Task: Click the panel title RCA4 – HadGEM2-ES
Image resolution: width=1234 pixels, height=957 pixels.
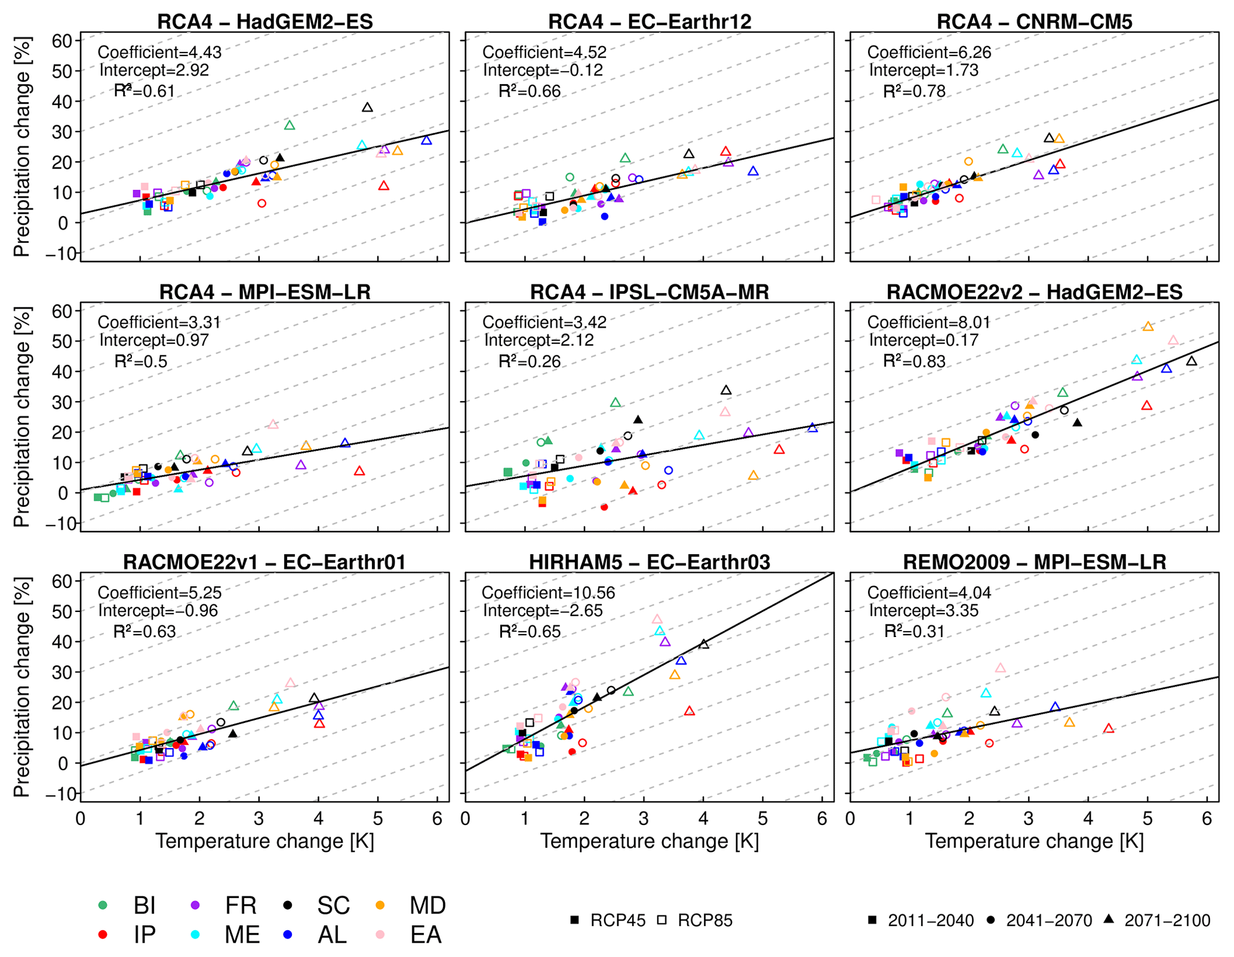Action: (265, 21)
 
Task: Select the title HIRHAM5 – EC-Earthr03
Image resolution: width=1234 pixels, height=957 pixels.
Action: (650, 562)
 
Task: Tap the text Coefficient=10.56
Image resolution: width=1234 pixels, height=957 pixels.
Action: (548, 593)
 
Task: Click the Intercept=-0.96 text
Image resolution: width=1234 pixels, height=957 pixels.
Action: (158, 611)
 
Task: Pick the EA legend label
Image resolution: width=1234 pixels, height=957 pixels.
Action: (425, 935)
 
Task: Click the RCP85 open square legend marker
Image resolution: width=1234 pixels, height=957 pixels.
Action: (661, 920)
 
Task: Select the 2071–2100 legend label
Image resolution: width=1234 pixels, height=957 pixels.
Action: (1167, 921)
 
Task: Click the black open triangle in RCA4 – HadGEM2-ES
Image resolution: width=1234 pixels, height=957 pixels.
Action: (367, 107)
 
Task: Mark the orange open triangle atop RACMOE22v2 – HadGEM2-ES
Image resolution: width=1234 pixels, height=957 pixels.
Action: (1148, 327)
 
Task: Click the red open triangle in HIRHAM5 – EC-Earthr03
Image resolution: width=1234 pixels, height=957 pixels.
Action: (690, 711)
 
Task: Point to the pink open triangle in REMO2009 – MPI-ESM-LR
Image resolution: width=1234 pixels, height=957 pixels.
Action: (1001, 668)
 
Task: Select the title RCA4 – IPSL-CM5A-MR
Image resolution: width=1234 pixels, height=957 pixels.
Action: (650, 292)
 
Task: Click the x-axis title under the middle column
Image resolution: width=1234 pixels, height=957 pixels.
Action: (650, 841)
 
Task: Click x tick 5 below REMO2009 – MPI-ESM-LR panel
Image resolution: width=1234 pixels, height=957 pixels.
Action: (1147, 818)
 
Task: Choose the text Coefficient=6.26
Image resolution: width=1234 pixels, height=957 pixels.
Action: (929, 53)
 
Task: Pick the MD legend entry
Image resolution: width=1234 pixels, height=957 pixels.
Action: (427, 906)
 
